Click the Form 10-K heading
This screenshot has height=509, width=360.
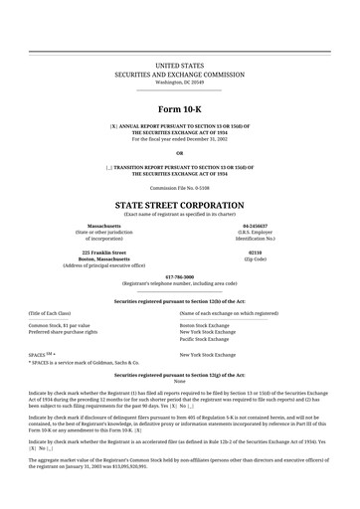point(180,106)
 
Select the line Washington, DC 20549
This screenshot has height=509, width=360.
point(180,82)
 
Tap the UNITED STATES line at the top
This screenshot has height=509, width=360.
point(180,65)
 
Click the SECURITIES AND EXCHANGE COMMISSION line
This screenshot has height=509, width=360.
point(180,74)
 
